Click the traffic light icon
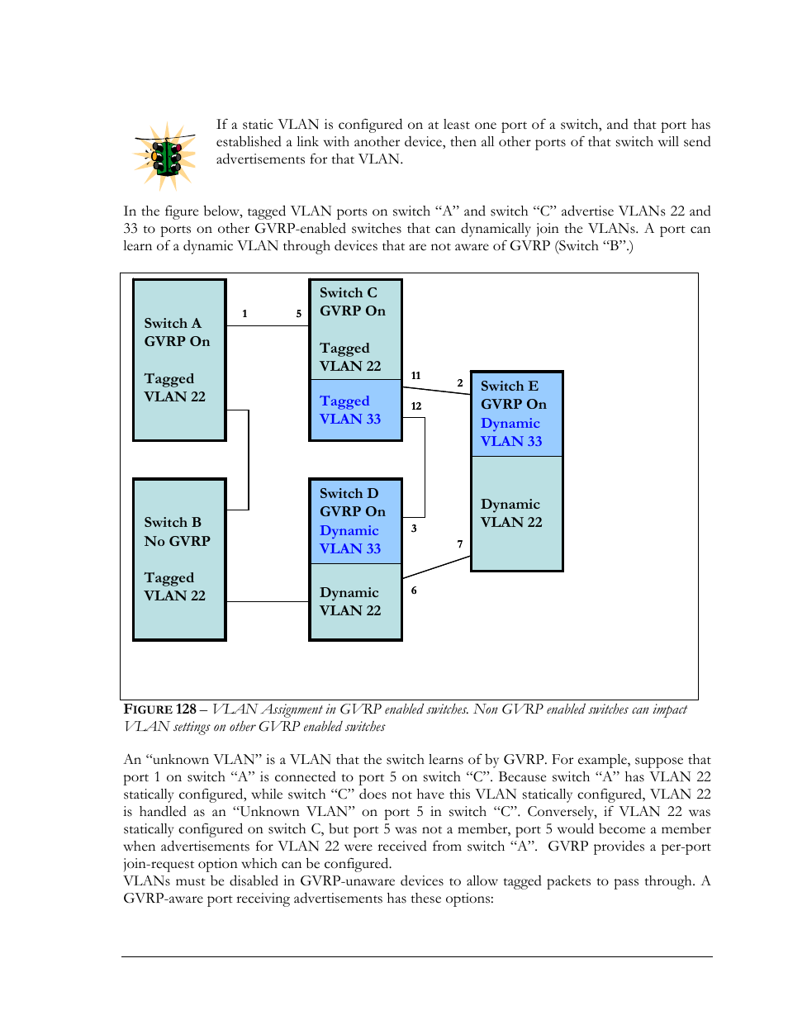pos(164,156)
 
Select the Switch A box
pos(179,360)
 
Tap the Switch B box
pos(179,559)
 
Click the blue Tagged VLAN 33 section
pos(355,410)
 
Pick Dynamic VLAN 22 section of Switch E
pos(517,513)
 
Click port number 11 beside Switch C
pos(415,376)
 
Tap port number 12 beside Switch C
pos(415,406)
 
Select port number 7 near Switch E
pos(460,544)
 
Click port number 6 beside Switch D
pos(414,591)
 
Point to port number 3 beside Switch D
pos(414,529)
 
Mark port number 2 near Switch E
pos(460,383)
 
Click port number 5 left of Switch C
pos(298,314)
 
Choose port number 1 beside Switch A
pos(244,314)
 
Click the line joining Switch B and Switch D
pos(268,601)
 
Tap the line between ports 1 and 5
pos(268,325)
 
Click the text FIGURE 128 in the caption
pos(159,709)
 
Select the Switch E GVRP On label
pos(514,395)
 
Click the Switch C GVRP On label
pos(353,301)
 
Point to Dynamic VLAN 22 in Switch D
pos(350,601)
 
